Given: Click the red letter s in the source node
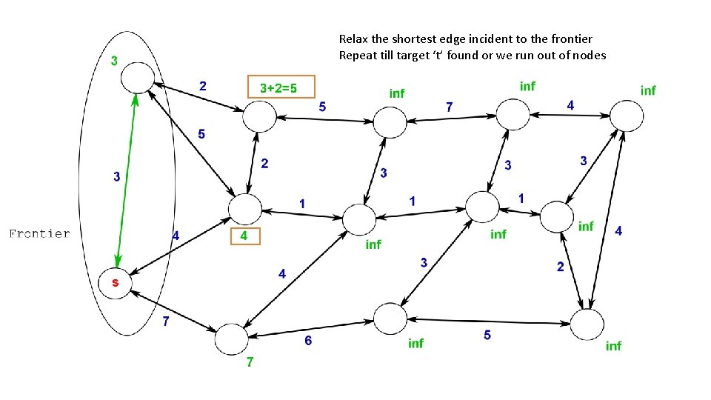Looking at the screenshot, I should pos(116,283).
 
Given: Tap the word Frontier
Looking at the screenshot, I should pos(39,234).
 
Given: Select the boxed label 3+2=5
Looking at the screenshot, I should pos(281,87).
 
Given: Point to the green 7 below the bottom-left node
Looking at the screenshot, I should pos(250,363).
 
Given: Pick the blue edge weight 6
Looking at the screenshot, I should pos(308,341).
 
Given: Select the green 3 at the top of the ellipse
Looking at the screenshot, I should pos(114,60).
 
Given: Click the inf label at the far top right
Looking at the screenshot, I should pos(648,90).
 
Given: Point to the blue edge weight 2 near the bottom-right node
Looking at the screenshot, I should pos(560,267).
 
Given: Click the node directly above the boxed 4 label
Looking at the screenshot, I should pos(245,209).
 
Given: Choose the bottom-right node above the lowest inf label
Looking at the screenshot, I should pos(587,324).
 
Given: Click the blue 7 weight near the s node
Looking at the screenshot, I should pos(166,321).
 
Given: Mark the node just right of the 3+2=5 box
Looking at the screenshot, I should pos(258,116).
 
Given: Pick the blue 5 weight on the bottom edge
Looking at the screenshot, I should pos(487,336).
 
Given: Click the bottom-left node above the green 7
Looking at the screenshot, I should pos(231,339).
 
